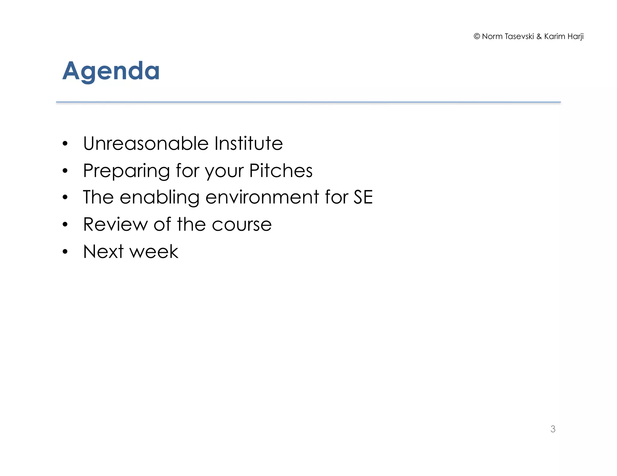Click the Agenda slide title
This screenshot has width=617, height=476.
(111, 71)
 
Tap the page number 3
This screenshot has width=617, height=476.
(553, 429)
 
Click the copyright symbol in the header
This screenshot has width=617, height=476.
(477, 36)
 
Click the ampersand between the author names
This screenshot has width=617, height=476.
(539, 36)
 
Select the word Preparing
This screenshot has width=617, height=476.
(126, 171)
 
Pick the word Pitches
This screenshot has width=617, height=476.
(281, 171)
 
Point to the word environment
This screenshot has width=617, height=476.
(262, 198)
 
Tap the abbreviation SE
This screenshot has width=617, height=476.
(363, 198)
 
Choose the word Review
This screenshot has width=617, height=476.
(115, 224)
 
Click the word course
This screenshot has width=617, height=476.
(242, 225)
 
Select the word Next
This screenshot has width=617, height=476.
(103, 252)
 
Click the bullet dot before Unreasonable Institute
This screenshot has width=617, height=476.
(65, 144)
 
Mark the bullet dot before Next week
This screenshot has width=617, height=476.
(65, 252)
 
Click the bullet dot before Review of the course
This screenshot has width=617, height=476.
(65, 225)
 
